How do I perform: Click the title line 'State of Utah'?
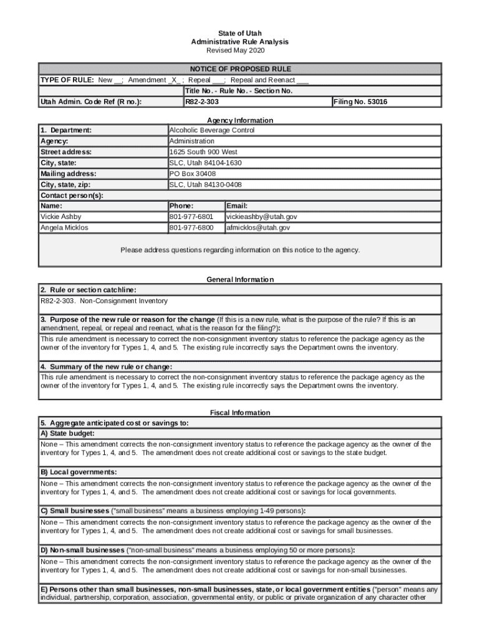point(240,33)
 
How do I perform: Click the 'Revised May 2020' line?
point(240,50)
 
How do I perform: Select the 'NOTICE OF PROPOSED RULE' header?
point(240,69)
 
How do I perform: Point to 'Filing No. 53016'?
point(361,102)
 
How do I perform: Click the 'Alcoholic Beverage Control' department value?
point(212,130)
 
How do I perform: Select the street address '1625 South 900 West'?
point(203,152)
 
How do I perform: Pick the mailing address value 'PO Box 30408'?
point(193,174)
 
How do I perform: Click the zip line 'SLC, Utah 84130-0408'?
point(206,185)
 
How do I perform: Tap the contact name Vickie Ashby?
point(61,217)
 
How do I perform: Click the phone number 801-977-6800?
point(191,228)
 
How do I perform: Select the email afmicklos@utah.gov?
point(258,228)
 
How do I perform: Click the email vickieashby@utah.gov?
point(262,217)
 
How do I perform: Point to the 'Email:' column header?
point(237,206)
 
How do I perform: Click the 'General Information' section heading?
point(240,280)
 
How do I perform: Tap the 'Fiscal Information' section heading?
point(240,412)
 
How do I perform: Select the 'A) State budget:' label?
point(69,433)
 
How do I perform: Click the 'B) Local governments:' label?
point(79,472)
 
